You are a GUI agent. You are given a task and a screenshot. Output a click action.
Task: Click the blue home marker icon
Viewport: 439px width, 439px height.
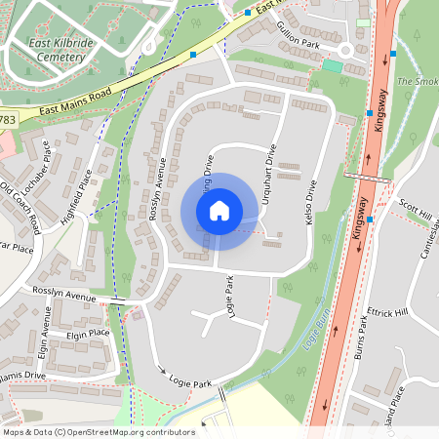(x=219, y=210)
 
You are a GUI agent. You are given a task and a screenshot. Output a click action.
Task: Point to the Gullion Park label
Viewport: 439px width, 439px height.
(x=298, y=36)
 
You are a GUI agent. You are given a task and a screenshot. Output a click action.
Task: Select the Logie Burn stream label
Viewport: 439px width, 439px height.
(x=314, y=333)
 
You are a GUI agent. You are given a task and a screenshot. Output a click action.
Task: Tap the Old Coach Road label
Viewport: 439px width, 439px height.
(x=21, y=205)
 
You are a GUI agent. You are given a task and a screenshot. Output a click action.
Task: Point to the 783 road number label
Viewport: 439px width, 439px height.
(x=7, y=119)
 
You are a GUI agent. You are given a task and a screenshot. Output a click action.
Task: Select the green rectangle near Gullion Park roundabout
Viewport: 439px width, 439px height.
(x=334, y=65)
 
